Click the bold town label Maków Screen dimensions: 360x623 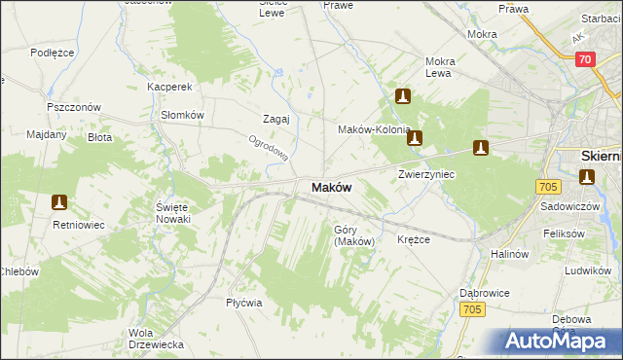coord(331,187)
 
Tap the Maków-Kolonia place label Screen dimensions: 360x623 coord(373,129)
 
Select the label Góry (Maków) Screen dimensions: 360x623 coord(354,235)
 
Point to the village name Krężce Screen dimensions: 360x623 coord(415,239)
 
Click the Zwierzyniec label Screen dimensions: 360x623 coord(426,174)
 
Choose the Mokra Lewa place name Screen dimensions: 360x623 coord(440,67)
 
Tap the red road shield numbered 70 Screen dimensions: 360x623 coord(584,59)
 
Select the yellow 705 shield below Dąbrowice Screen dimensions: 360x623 coord(472,309)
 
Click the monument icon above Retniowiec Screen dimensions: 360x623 coord(59,202)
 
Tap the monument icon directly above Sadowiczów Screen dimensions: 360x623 coord(587,176)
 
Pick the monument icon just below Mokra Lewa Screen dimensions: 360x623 coord(403,96)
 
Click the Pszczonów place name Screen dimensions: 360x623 coord(68,107)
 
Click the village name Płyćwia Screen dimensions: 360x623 coord(244,303)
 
